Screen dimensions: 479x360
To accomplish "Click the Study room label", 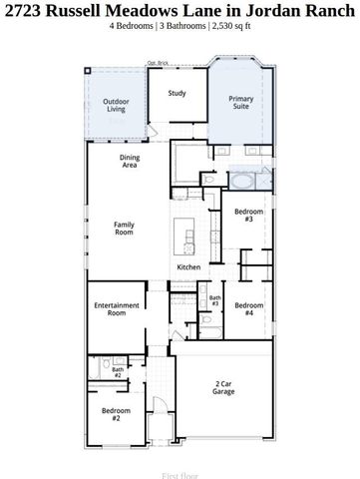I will tap(177, 94).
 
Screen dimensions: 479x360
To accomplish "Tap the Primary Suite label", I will tap(241, 103).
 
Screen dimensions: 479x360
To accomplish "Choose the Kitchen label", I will tap(189, 267).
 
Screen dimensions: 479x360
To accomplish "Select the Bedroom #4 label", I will tap(248, 308).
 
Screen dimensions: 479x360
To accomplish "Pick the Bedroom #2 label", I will tap(116, 413).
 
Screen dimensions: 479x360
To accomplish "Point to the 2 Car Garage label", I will tap(224, 387).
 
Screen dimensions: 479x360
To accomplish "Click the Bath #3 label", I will tap(214, 300).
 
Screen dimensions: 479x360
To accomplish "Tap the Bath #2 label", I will tap(118, 372).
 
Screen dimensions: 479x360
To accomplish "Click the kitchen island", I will tap(186, 236).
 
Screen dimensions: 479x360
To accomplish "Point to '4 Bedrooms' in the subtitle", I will tap(131, 26).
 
